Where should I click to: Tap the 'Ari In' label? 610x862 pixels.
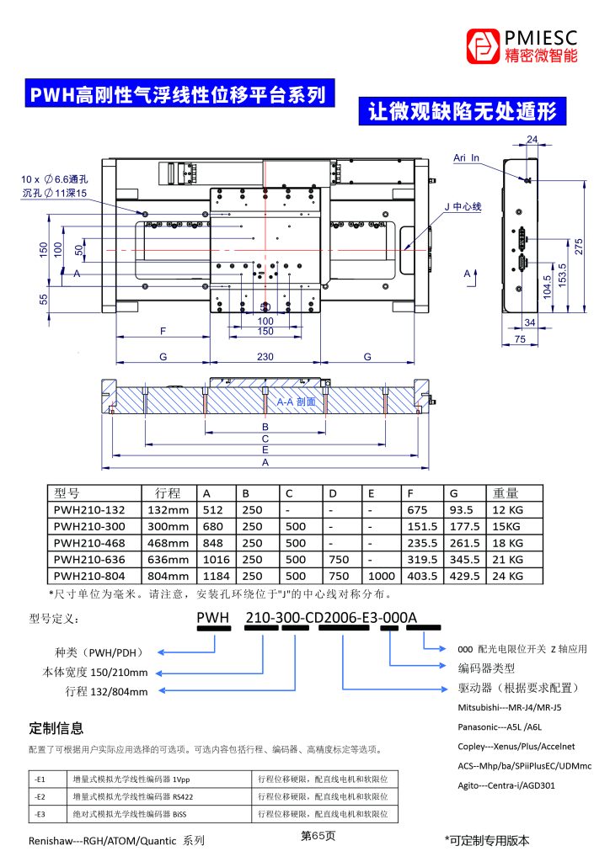(466, 157)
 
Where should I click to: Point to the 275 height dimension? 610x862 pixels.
(579, 247)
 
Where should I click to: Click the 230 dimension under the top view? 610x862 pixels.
(265, 357)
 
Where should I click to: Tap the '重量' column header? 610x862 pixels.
(506, 493)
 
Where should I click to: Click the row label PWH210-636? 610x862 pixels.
(88, 559)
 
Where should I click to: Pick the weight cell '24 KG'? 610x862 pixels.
(508, 576)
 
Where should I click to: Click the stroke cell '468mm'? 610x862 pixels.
(167, 543)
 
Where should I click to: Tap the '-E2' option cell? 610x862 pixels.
(40, 795)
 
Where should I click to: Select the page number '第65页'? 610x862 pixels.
(318, 836)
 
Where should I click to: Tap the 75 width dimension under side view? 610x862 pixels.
(520, 338)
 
